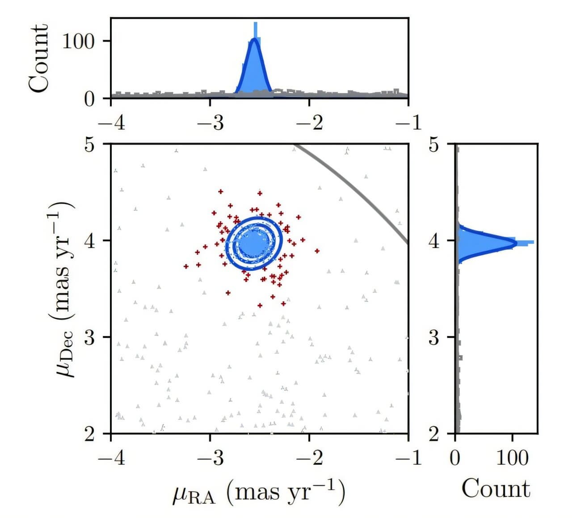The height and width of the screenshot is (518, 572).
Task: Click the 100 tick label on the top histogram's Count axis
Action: pos(78,41)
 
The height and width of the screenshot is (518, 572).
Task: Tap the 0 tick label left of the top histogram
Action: pos(89,99)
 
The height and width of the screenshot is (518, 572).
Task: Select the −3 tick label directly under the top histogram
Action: pos(210,123)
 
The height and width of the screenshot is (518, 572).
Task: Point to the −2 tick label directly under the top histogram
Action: pos(309,123)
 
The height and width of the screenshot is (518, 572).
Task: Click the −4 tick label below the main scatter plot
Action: pos(111,458)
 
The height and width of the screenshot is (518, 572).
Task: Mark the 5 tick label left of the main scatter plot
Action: pos(89,145)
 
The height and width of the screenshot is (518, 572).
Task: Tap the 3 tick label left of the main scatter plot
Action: pos(89,337)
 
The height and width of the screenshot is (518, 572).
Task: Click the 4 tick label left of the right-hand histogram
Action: pos(434,241)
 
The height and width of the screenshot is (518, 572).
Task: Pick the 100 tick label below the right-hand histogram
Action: pos(513,458)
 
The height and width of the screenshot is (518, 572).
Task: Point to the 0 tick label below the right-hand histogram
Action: pos(455,458)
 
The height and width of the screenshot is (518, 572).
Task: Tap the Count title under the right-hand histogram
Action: pos(496,489)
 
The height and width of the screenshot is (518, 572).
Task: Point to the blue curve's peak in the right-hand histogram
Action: pos(517,243)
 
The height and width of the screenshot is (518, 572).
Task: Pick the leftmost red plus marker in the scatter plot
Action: pos(186,266)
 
